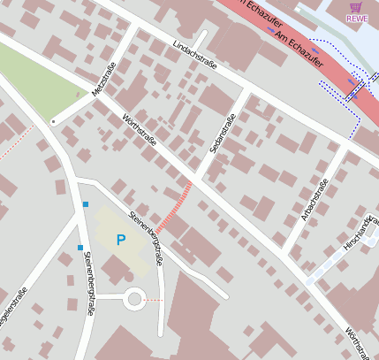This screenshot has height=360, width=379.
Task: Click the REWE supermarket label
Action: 357,19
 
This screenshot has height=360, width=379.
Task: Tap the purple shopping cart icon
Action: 356,6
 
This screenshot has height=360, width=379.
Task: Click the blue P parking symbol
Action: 121,240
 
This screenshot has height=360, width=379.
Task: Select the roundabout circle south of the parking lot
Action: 134,299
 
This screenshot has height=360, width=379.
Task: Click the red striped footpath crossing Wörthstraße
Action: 175,205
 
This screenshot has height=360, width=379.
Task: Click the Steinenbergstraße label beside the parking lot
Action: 147,237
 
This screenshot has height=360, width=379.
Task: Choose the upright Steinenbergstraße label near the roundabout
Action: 88,283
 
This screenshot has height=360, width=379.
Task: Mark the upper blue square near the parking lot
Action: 86,204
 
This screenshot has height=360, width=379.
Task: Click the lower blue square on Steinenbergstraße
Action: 80,248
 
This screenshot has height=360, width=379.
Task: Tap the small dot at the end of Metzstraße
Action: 54,121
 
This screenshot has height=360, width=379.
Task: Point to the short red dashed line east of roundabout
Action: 154,301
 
